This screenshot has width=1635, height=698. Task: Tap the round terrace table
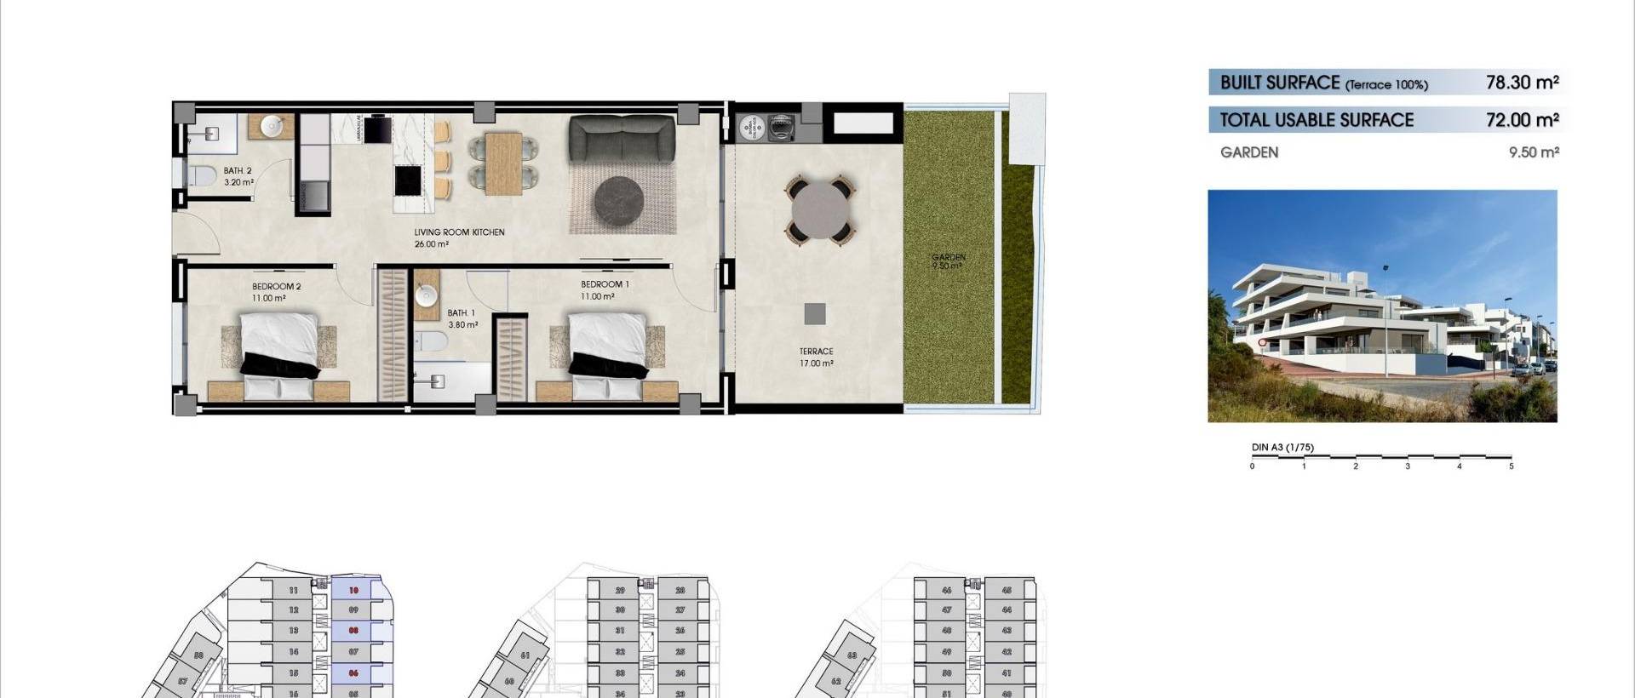click(821, 208)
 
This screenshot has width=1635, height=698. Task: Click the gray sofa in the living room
click(622, 135)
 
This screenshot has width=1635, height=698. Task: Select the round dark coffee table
click(621, 202)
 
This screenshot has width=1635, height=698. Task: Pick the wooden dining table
click(503, 163)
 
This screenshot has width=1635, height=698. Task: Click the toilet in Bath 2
click(201, 176)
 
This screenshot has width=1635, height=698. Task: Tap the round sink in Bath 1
click(427, 295)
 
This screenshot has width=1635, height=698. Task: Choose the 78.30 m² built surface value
click(1522, 83)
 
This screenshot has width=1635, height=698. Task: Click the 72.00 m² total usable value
click(1522, 120)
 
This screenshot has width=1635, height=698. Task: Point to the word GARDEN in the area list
click(1248, 152)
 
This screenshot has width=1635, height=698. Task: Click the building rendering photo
click(1382, 306)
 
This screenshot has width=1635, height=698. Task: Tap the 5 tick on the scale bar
click(1511, 466)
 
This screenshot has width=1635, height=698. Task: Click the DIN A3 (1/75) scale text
click(1282, 448)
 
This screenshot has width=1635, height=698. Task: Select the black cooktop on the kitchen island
click(409, 180)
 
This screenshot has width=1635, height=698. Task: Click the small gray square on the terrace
click(814, 313)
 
